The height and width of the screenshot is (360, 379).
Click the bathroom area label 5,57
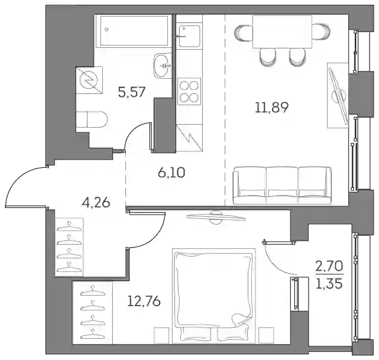coord(132,92)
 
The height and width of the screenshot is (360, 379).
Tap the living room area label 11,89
coord(271,107)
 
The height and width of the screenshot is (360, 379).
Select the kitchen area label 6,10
coord(171,173)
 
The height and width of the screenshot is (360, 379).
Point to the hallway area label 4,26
coord(96,203)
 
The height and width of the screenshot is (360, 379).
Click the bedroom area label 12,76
coord(144,301)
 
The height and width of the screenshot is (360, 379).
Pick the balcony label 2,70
coord(329,267)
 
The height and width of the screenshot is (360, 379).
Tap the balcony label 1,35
coord(329,284)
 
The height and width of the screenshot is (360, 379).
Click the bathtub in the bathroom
coord(132,31)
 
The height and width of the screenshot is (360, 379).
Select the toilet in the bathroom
coord(92,119)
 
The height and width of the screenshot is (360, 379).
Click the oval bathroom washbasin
coord(163,66)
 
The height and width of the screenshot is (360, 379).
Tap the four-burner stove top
coord(189,91)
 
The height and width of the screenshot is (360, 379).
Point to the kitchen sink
coord(189,35)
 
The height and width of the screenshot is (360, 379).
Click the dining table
coord(282,32)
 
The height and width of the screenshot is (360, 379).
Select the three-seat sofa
coord(282,185)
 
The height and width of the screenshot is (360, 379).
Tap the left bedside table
coord(162,335)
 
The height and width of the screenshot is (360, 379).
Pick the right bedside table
coord(266,335)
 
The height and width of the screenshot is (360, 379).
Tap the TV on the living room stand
coord(338,95)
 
